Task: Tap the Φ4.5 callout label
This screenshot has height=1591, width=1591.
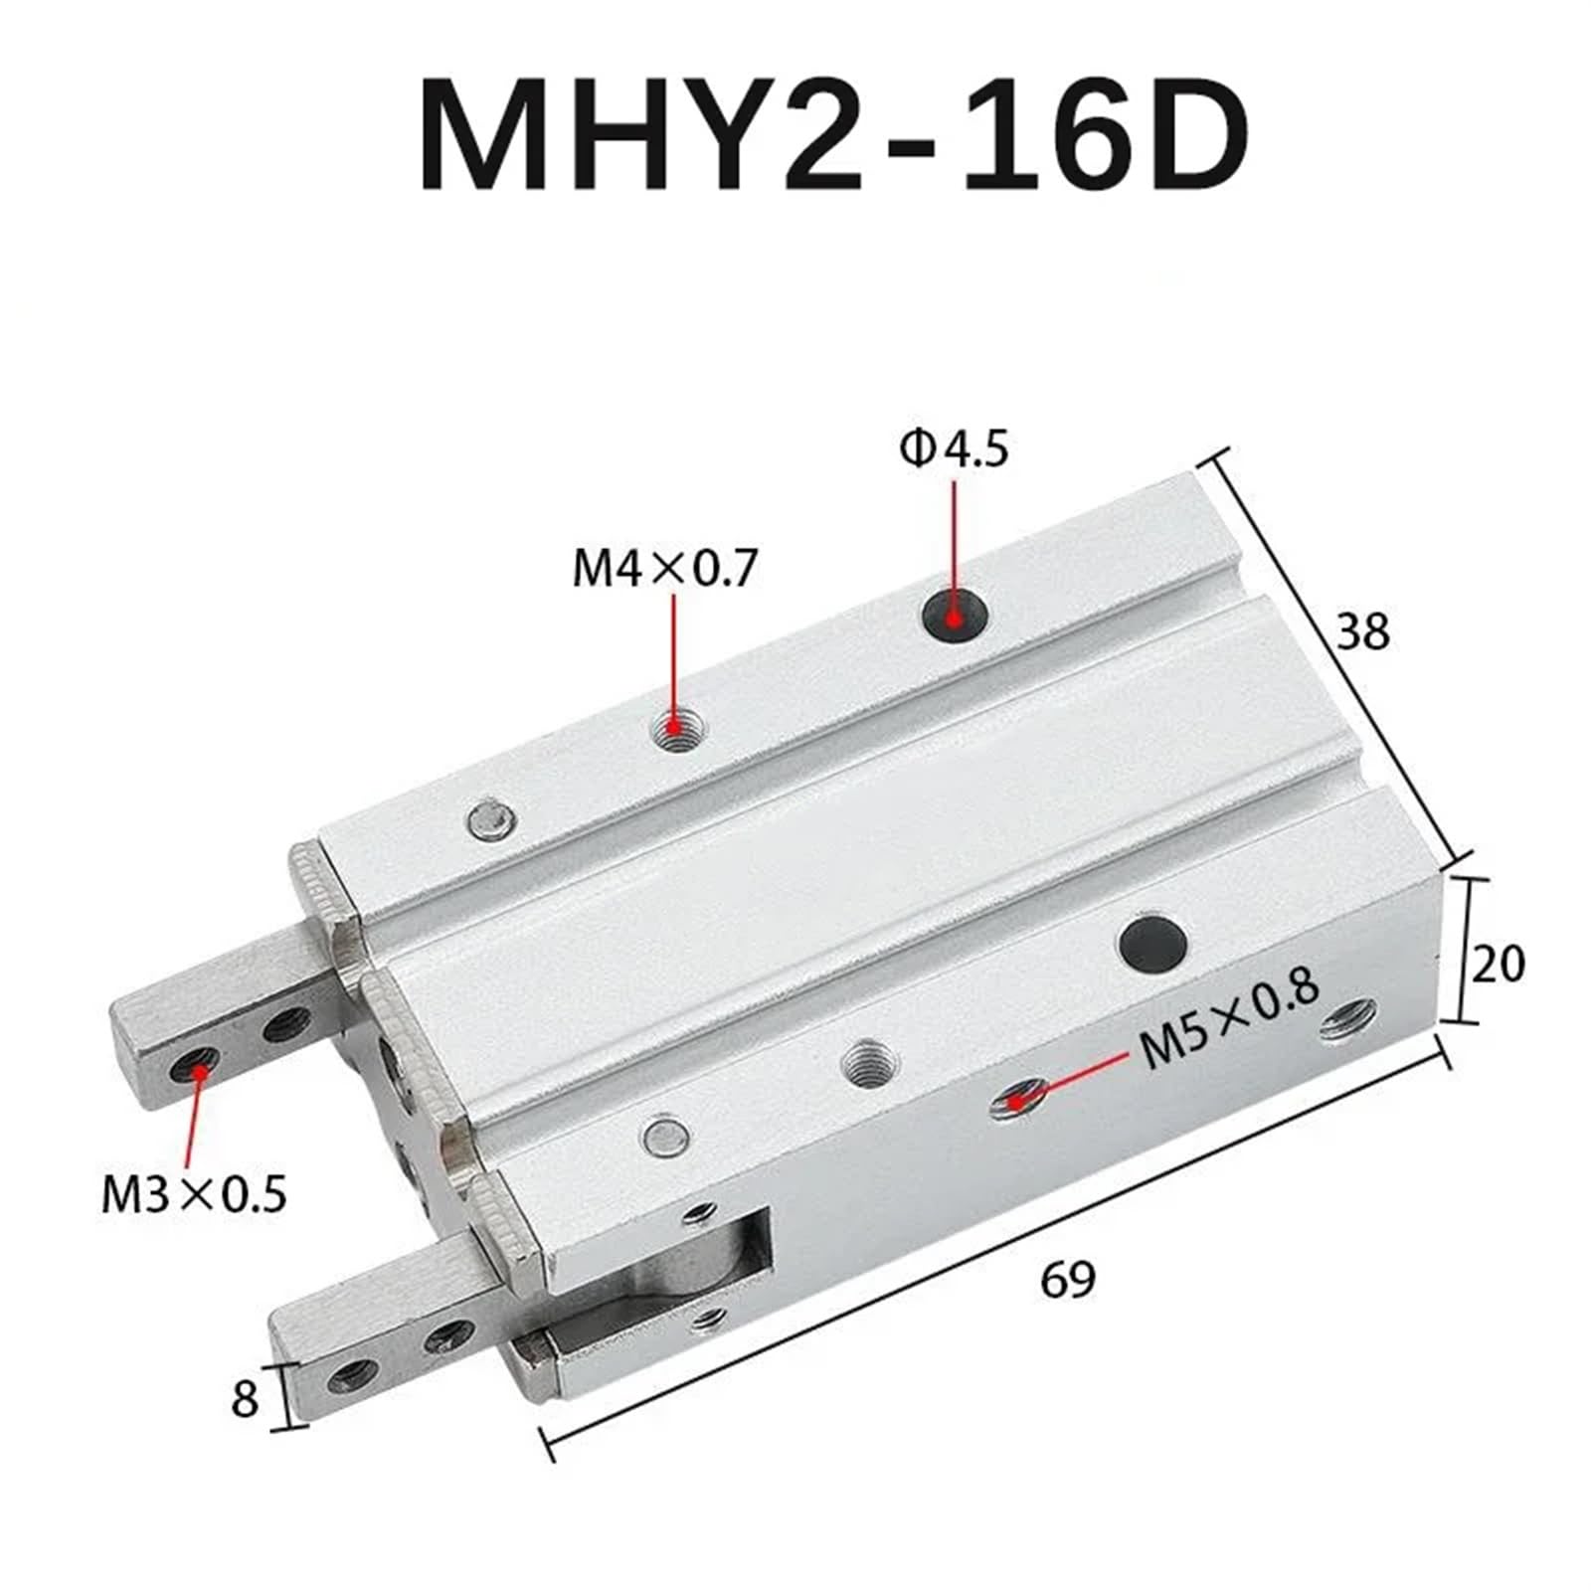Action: click(954, 450)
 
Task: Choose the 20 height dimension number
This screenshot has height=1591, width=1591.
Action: click(1497, 963)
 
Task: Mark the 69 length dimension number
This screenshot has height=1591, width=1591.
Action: click(1067, 1279)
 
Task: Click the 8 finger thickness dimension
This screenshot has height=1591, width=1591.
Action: click(245, 1398)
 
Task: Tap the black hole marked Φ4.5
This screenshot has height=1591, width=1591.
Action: click(954, 618)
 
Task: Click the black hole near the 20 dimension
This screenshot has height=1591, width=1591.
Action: click(1153, 943)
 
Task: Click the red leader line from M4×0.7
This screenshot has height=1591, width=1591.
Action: click(675, 656)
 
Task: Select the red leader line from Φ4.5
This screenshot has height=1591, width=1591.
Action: click(954, 537)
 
